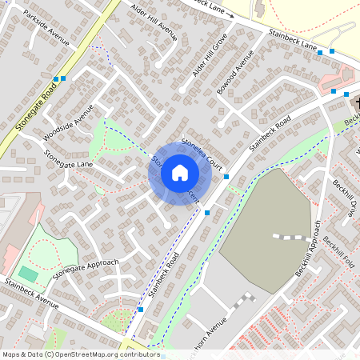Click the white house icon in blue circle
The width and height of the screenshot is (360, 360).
point(180,172)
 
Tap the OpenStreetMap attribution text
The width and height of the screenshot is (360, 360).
point(80,354)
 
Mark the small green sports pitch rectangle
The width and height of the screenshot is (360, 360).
point(28,274)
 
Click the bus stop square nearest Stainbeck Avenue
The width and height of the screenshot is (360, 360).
point(141,309)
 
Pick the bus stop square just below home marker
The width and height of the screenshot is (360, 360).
point(207,213)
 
